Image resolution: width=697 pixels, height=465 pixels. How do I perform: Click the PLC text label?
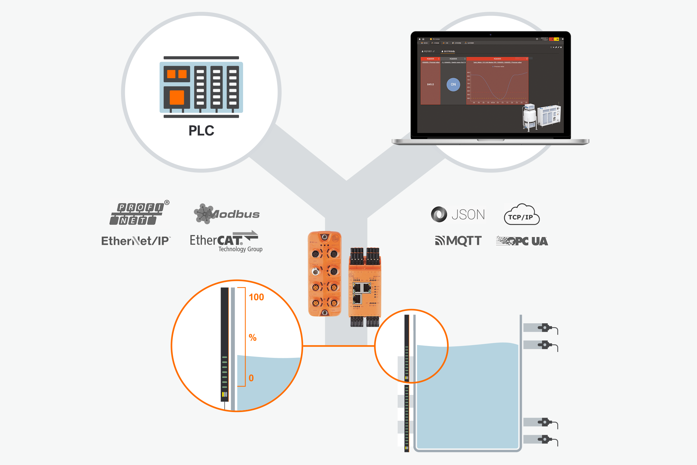(x=201, y=131)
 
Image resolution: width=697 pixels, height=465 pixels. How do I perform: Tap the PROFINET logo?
(x=138, y=214)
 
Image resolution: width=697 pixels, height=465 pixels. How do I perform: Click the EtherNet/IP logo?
(x=136, y=241)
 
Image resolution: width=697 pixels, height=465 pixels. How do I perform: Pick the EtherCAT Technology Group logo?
(x=226, y=241)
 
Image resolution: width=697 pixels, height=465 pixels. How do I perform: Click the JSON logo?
(x=458, y=215)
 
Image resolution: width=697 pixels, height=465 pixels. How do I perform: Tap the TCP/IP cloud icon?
(x=522, y=215)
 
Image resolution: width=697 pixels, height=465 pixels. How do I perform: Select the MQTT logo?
(x=458, y=241)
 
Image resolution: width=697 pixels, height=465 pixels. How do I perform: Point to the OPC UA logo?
(x=522, y=241)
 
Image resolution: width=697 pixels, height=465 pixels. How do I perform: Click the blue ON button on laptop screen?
(x=453, y=84)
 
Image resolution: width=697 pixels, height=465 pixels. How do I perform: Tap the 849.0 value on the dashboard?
(x=430, y=84)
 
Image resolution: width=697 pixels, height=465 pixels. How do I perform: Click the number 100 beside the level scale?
(x=256, y=297)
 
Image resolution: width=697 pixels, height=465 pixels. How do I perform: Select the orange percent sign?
(x=252, y=338)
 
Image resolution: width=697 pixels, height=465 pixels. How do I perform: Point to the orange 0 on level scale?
(x=251, y=378)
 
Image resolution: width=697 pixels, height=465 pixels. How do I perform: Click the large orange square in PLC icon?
(x=177, y=97)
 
